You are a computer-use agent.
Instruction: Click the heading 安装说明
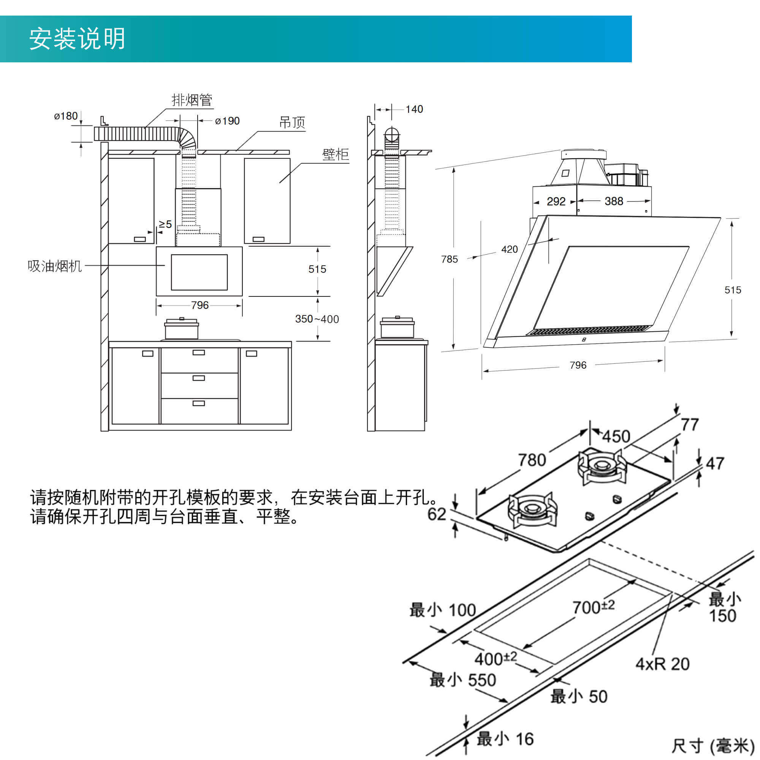point(77,38)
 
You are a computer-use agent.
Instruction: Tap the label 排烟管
point(192,100)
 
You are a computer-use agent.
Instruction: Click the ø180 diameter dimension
point(66,116)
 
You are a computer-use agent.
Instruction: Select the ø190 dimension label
point(227,121)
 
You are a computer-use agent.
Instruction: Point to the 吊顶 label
point(292,122)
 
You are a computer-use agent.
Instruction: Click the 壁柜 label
point(335,154)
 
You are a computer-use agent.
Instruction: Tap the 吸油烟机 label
point(55,266)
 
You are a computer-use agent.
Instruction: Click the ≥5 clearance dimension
point(165,224)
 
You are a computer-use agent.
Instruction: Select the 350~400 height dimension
point(317,319)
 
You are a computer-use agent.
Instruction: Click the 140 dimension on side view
point(414,109)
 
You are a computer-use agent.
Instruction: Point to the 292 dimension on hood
point(556,201)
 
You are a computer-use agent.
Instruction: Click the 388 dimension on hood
point(614,201)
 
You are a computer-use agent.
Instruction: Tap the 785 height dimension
point(449,259)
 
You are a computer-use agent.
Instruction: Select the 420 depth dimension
point(510,249)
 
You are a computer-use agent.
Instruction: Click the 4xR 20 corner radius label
point(662,664)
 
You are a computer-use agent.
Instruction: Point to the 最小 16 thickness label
point(505,739)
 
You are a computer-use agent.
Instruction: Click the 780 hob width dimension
point(532,460)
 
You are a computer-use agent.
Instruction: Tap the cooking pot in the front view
point(181,329)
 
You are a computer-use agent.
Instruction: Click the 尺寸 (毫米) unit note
point(712,746)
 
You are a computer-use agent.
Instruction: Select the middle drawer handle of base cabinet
point(199,378)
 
